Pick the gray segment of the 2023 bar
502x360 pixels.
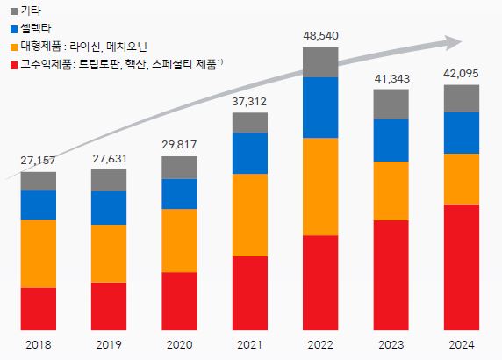[391, 104]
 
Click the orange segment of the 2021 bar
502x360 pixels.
[250, 214]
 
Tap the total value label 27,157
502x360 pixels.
[39, 161]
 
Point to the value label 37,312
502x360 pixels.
[250, 101]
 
